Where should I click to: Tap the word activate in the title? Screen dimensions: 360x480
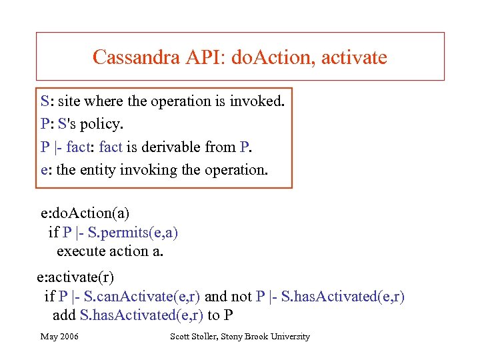pos(354,57)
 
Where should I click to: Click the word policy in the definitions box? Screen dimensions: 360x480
pos(104,125)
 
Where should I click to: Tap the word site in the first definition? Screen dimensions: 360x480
pos(69,102)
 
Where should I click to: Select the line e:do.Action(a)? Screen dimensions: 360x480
pos(85,213)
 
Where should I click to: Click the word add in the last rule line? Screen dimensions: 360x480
pos(64,315)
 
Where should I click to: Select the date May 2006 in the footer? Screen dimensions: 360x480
pos(59,337)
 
